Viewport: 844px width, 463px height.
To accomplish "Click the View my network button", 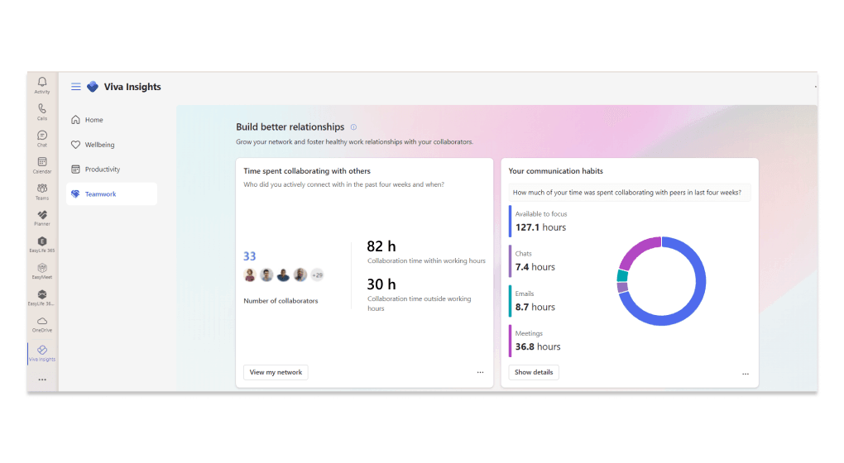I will (x=276, y=372).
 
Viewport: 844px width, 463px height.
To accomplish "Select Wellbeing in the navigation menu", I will (x=99, y=145).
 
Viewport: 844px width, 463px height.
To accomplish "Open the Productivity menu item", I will (x=102, y=169).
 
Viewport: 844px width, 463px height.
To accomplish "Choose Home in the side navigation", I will (x=94, y=120).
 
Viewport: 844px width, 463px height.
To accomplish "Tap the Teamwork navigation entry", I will (x=100, y=194).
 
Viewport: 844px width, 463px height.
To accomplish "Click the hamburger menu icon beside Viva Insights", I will (x=76, y=87).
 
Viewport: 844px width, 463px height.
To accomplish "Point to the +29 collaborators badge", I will (x=317, y=275).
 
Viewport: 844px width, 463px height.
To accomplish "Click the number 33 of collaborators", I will (x=249, y=256).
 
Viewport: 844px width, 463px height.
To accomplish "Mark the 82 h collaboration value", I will (x=381, y=246).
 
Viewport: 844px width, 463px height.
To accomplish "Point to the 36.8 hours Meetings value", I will (x=538, y=347).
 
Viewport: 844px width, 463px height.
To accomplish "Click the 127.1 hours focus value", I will (x=540, y=227).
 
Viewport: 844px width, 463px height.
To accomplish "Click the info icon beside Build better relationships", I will (x=353, y=127).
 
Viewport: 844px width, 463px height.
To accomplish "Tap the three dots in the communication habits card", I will (x=746, y=374).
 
